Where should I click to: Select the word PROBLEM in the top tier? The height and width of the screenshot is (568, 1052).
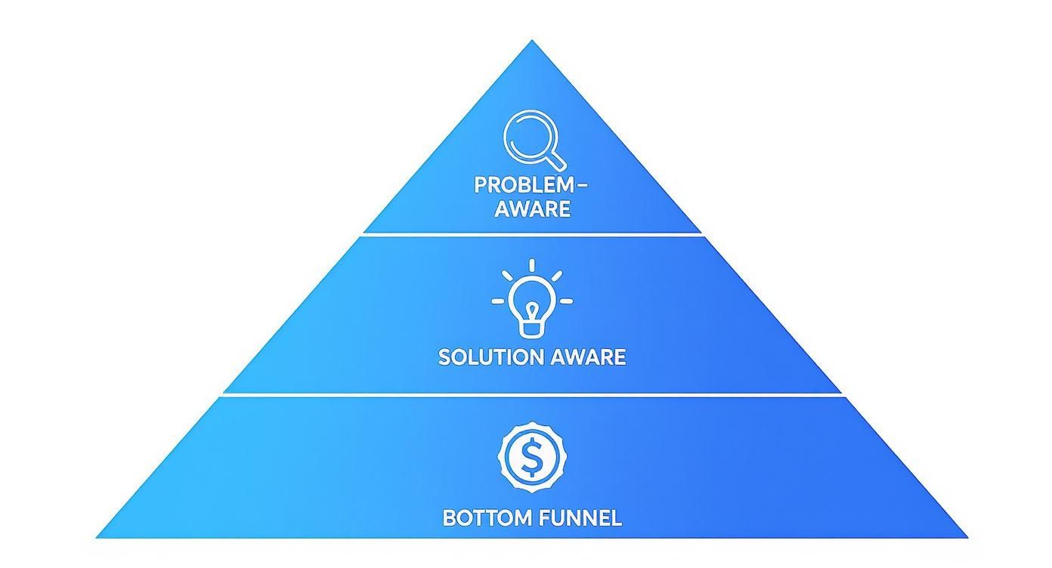pos(524,186)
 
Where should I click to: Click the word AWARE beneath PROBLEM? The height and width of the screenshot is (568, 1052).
pos(532,209)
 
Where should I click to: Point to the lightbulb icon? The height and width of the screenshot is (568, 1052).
pos(532,302)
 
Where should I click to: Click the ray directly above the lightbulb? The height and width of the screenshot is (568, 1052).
pos(532,265)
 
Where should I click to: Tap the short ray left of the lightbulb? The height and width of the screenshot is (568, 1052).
pos(497,301)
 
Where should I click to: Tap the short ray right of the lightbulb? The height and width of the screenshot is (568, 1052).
pos(566,301)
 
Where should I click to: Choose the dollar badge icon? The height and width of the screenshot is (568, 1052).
pos(532,456)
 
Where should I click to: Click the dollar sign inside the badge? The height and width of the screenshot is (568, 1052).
pos(532,456)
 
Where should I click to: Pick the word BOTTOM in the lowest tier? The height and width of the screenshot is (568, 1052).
pos(488,518)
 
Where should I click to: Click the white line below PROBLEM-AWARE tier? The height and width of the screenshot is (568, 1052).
pos(532,235)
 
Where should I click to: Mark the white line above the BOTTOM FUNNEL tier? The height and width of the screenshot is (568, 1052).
pos(532,394)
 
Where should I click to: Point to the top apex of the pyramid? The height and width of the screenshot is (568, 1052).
pos(532,42)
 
